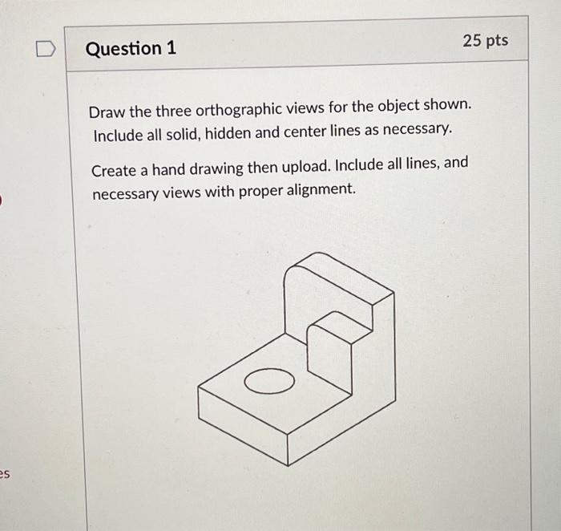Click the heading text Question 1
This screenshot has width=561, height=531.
pos(130,49)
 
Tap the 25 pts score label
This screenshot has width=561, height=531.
pos(485,40)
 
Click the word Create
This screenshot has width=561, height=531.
pos(114,170)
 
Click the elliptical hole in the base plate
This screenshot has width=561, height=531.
pos(268,383)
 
